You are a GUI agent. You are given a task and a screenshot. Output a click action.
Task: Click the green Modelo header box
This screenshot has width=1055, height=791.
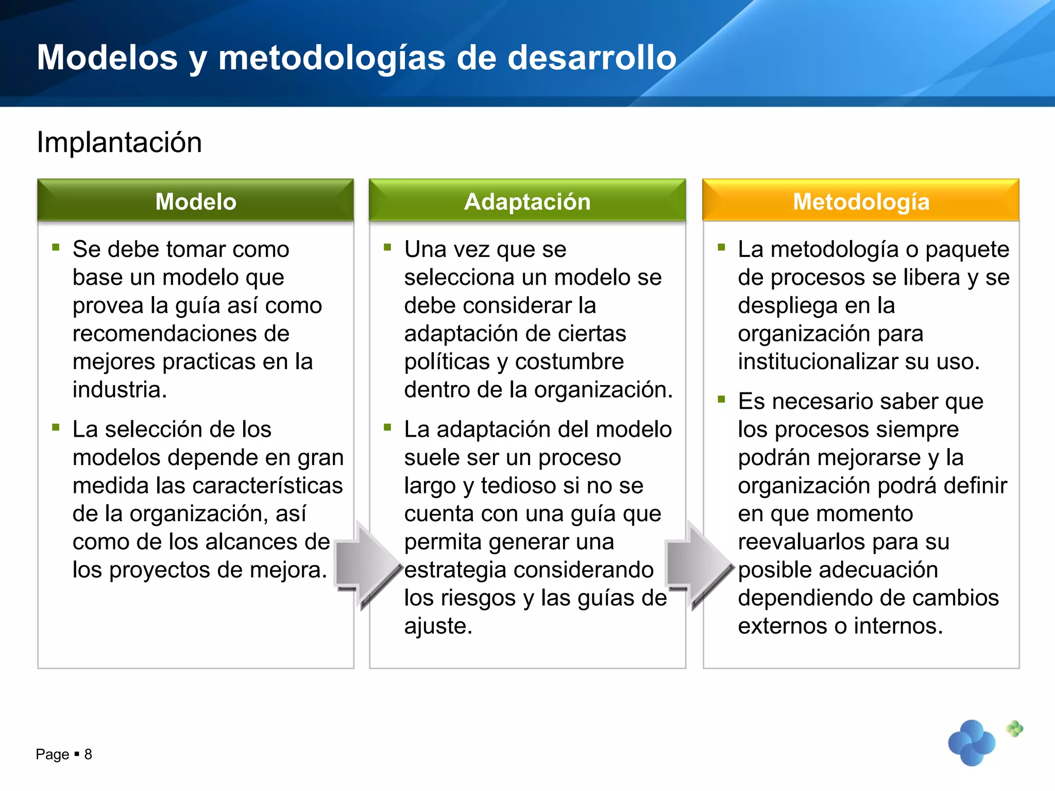196,201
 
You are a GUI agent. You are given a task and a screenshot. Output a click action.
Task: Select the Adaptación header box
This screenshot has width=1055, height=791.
527,201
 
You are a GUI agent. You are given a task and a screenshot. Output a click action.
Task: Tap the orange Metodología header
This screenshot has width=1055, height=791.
861,201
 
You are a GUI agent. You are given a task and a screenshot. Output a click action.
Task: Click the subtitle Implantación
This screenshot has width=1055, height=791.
119,142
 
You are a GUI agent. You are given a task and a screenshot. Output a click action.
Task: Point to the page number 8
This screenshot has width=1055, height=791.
88,754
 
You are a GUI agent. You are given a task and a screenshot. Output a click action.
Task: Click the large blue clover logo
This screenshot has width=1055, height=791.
972,743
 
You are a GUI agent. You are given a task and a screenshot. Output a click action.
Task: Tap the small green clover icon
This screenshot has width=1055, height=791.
1014,728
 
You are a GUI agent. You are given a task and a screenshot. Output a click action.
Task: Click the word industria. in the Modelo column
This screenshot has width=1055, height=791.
120,390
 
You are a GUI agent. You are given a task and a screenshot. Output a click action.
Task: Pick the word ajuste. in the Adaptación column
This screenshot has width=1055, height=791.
438,626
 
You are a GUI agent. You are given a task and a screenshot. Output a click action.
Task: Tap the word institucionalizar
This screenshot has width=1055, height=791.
819,362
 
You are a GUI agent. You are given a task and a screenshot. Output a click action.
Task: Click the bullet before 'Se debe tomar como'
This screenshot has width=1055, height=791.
56,248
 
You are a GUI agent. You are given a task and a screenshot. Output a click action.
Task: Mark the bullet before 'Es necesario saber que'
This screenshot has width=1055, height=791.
721,399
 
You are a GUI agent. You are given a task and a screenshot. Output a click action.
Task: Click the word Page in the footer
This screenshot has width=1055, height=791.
52,754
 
